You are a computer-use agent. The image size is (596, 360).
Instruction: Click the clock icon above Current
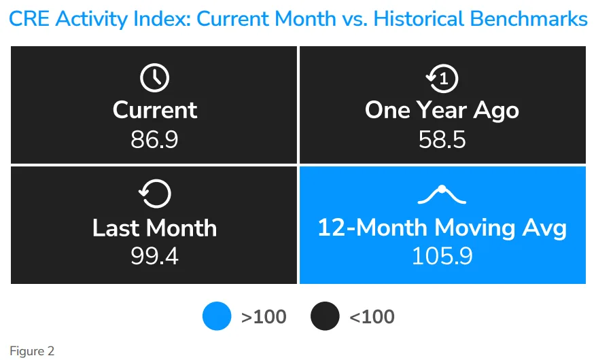(154, 79)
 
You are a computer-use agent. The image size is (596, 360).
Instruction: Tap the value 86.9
(154, 139)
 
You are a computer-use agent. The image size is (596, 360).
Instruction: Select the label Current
(155, 110)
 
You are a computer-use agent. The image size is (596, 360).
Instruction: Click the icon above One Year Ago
(442, 79)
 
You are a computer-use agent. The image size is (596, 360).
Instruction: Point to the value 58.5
(442, 139)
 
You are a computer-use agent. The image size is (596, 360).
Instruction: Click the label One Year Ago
(442, 110)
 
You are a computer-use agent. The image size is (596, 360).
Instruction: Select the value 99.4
(154, 257)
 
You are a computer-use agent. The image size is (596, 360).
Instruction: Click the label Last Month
(155, 228)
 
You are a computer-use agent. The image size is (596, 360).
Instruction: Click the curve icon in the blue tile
(442, 195)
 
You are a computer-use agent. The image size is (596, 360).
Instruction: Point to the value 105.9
(442, 257)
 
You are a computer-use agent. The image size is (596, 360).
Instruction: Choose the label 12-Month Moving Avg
(442, 228)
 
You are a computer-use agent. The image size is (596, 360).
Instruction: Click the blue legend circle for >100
(217, 317)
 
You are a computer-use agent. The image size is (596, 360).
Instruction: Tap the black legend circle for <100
(324, 317)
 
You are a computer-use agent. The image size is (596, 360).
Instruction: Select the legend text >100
(264, 317)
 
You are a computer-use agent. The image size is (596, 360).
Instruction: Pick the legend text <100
(372, 317)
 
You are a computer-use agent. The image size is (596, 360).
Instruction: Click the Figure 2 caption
(31, 351)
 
